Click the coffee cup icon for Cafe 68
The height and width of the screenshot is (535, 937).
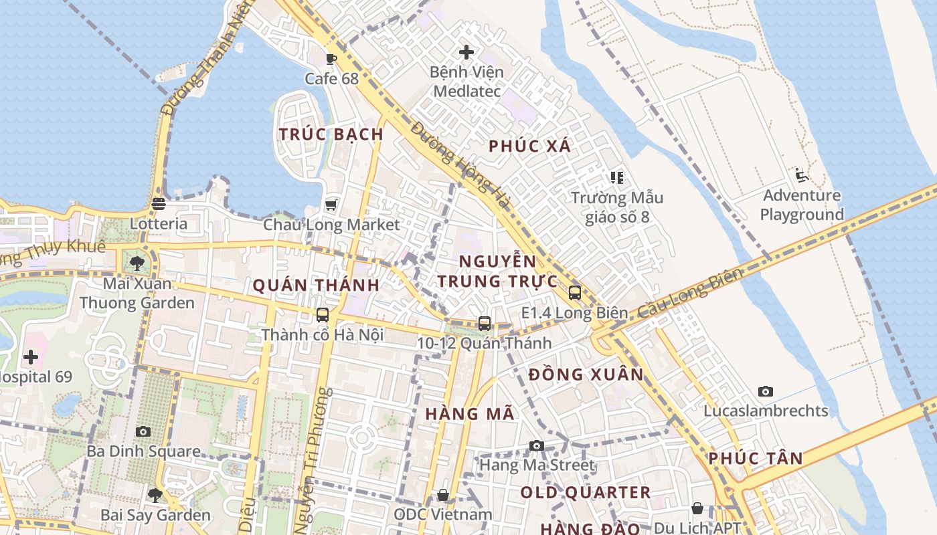point(331,59)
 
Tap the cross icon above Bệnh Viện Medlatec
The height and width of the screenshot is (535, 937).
point(466,51)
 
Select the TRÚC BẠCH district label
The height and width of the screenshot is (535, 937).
point(331,134)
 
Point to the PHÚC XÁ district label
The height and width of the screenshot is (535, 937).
point(529,146)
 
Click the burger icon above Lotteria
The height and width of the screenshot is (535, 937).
point(159,203)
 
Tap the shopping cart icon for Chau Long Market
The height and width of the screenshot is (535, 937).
point(331,205)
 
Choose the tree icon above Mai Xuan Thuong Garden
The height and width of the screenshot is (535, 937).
point(137,263)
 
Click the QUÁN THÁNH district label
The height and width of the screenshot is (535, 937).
point(316,286)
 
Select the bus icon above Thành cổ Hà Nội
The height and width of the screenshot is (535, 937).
point(323,314)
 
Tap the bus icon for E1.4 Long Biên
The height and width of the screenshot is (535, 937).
point(574,292)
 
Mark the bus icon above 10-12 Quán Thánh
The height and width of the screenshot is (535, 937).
point(484,323)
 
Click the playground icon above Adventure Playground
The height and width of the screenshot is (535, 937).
point(801,175)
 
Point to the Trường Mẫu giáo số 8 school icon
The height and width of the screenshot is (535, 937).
point(616,178)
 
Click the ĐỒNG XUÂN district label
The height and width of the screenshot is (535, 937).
point(586,374)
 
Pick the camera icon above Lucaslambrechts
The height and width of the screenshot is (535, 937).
point(765,391)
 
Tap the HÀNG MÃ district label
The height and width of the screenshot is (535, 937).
point(470,414)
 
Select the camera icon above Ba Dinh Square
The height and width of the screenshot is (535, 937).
point(143,431)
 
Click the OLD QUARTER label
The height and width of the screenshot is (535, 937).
point(586,493)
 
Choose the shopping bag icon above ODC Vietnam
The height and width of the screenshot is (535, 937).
point(442,495)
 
